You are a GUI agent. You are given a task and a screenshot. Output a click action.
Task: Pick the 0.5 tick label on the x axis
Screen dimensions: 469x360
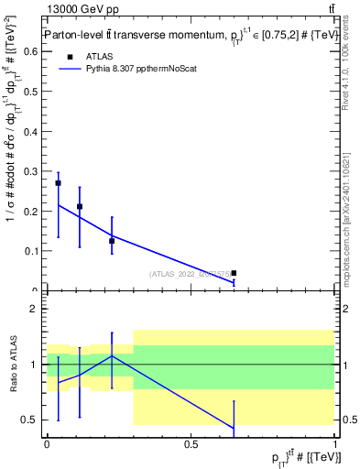[x=191, y=444]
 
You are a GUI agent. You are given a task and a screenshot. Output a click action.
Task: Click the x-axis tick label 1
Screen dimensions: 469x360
[x=334, y=444]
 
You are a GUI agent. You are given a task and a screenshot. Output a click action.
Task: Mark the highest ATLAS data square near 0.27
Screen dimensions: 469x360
[x=58, y=183]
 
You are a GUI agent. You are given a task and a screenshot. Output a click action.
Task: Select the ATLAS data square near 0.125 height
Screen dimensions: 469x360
[x=112, y=241]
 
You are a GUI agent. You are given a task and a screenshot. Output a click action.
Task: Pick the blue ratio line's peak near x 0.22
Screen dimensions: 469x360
[x=112, y=355]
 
